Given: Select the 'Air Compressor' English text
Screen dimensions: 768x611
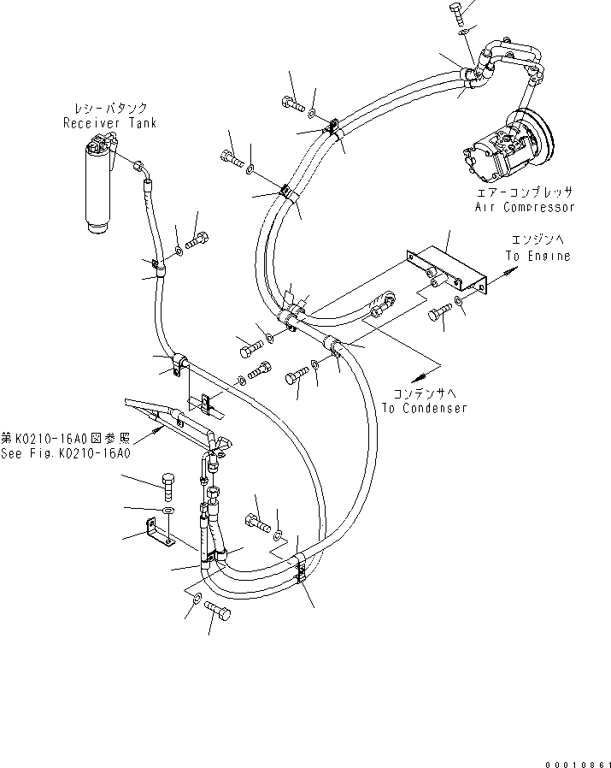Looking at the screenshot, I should pos(525,207).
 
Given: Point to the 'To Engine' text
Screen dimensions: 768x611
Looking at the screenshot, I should pos(537,257).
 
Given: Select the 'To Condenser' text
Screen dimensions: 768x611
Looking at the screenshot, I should pos(424,408).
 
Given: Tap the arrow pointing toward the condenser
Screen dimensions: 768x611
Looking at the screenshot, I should pos(420,375).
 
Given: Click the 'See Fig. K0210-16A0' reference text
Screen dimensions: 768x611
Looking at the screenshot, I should pos(66,453).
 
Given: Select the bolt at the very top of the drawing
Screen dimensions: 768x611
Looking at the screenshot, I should pos(455,12).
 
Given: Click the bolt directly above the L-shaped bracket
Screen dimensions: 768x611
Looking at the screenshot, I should pos(167,486).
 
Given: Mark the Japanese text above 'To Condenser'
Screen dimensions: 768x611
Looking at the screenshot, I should pos(424,394).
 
